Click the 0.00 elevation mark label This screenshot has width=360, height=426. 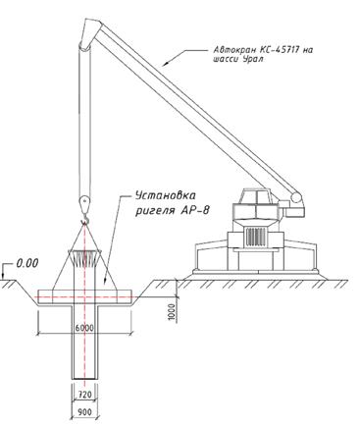27,263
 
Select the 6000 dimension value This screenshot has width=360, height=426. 84,328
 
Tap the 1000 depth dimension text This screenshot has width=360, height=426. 172,312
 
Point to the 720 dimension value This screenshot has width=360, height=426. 84,395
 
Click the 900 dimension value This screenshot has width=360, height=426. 84,412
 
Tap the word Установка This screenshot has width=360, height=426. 166,195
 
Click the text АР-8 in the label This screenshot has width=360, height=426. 194,210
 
